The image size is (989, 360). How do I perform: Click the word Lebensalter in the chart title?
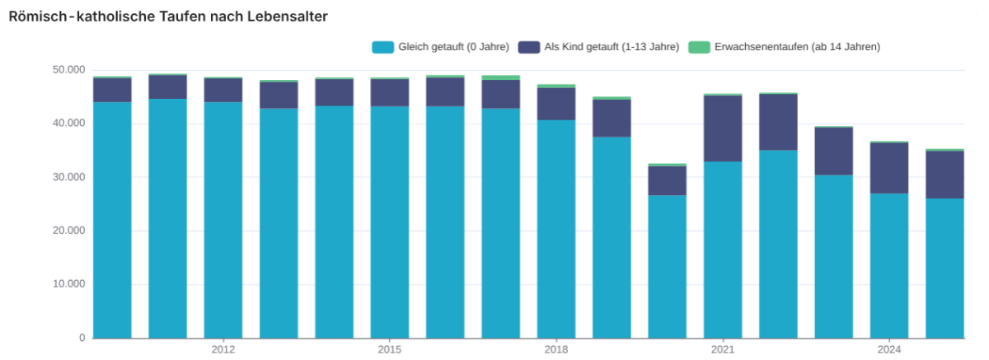[x=287, y=16]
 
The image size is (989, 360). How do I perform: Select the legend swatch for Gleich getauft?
[x=382, y=47]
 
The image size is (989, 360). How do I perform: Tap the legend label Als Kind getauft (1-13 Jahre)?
[x=612, y=47]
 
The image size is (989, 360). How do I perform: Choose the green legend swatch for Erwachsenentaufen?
[x=699, y=47]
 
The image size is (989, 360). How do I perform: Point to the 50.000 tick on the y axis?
[x=69, y=70]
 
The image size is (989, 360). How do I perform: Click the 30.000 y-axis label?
[x=69, y=177]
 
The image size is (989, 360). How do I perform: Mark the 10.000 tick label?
[x=69, y=283]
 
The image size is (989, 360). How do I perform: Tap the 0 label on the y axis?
[x=82, y=338]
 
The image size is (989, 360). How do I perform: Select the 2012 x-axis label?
[x=223, y=349]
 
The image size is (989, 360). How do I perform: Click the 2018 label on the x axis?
[x=556, y=349]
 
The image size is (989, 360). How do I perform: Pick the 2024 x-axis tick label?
[x=889, y=349]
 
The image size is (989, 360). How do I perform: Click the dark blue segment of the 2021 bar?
[x=723, y=129]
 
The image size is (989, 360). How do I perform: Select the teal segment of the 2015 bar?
[x=390, y=222]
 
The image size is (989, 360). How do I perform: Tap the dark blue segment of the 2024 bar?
[x=889, y=168]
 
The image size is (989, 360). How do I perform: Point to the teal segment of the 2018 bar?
[x=556, y=229]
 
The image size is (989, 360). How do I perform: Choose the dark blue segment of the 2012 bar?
[x=223, y=91]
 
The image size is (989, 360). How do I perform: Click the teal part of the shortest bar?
[x=667, y=267]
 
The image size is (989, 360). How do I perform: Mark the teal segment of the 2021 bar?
[x=723, y=250]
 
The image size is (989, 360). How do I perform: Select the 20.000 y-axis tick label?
[x=69, y=231]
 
